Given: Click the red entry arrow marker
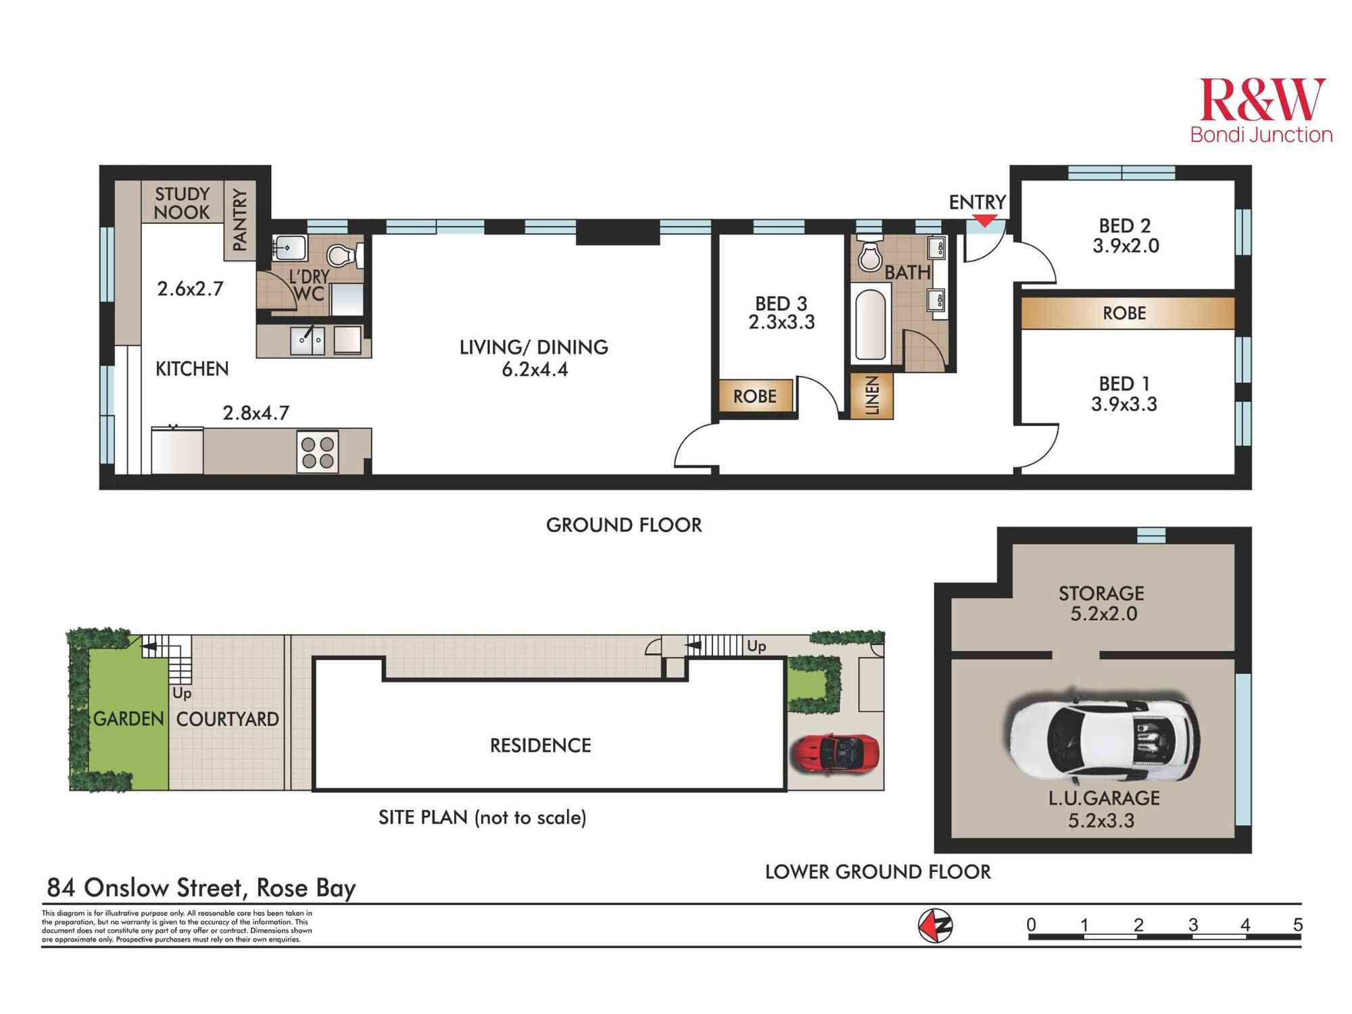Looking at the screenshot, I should tap(985, 220).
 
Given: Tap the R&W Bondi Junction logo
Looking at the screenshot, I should tap(1261, 110).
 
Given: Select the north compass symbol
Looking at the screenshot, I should tap(935, 925).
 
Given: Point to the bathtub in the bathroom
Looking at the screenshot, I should tap(871, 324).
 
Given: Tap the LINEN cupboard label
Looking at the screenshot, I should tap(873, 395).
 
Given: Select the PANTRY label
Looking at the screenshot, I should tap(239, 220).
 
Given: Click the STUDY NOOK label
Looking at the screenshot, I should tap(182, 203).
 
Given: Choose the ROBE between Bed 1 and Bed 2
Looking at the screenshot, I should tap(1125, 313).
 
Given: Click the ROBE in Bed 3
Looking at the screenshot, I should tap(755, 396).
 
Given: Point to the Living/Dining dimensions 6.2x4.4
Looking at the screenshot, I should tap(534, 370).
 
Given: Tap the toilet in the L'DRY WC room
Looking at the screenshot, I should tap(340, 256).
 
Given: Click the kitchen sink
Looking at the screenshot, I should tap(307, 340).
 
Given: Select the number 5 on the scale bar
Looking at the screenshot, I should tap(1297, 924).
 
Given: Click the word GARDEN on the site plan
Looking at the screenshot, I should tap(128, 719).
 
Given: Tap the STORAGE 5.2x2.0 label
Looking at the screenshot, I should tap(1102, 604).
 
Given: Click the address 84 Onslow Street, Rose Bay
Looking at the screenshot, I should tap(201, 887).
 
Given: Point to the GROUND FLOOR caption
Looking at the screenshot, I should tap(623, 525).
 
